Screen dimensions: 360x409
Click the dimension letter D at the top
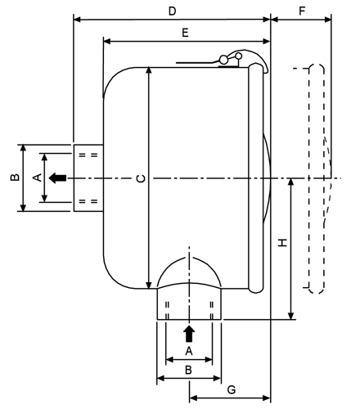click(172, 11)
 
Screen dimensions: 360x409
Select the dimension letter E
click(185, 33)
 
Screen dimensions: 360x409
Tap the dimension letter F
click(302, 11)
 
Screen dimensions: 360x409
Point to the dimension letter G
click(232, 389)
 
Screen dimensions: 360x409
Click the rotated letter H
click(283, 242)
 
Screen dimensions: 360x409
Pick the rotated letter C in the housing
click(141, 178)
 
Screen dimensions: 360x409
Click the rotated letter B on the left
click(15, 178)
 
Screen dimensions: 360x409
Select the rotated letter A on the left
click(38, 178)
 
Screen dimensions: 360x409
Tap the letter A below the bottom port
click(189, 351)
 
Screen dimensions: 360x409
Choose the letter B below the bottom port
click(188, 370)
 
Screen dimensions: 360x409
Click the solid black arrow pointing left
click(57, 178)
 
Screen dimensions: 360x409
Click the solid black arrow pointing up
click(189, 334)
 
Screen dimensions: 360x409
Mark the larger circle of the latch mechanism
click(223, 59)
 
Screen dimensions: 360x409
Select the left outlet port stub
click(88, 178)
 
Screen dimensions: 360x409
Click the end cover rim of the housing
click(256, 178)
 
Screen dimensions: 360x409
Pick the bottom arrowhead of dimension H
click(291, 316)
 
